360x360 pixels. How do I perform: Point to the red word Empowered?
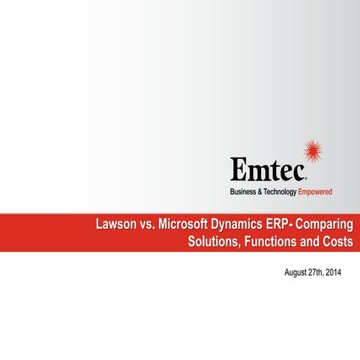click(315, 193)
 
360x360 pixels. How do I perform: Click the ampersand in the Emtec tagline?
click(260, 193)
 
